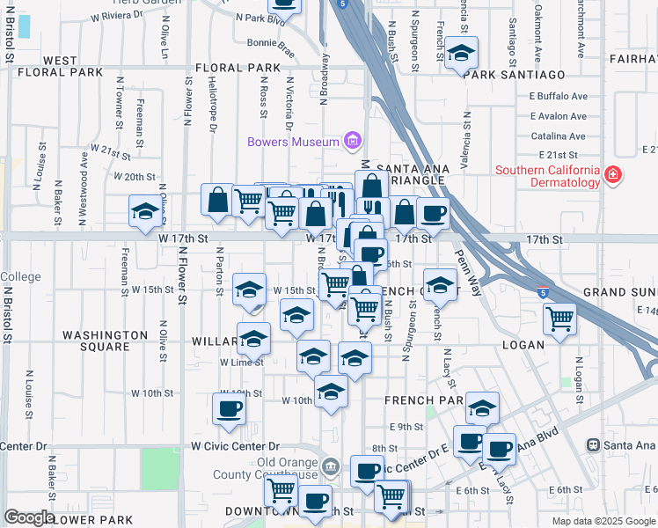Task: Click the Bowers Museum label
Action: (x=293, y=142)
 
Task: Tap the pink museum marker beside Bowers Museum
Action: (x=353, y=141)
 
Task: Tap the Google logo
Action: (x=29, y=517)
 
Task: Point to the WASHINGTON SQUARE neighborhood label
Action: (x=105, y=341)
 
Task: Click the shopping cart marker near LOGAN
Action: (x=559, y=319)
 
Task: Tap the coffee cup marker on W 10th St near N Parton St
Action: (x=229, y=409)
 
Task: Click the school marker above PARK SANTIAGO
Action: (x=461, y=54)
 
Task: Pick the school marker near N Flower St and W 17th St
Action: (x=145, y=211)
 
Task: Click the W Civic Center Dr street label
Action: (x=235, y=447)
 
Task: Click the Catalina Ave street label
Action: (x=559, y=136)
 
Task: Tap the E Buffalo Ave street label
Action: (x=559, y=97)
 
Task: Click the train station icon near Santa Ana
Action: (x=594, y=446)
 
